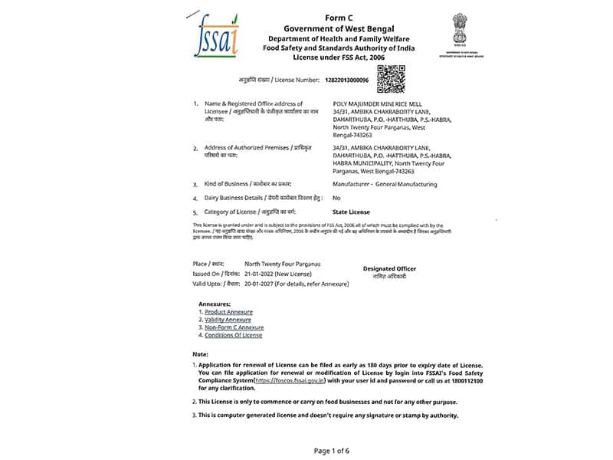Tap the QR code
click(x=391, y=79)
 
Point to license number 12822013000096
click(x=347, y=80)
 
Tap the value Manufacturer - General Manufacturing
click(x=385, y=184)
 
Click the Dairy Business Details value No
click(x=336, y=198)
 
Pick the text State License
click(x=351, y=212)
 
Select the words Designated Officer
click(x=389, y=269)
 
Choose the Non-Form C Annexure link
click(x=234, y=327)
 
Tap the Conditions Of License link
click(x=233, y=335)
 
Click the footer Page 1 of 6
click(x=331, y=451)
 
